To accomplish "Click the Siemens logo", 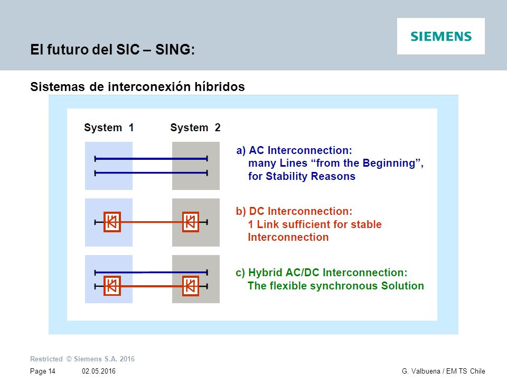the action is click(x=441, y=37).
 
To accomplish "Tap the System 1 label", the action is click(x=109, y=128).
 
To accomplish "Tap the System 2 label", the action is click(x=195, y=128).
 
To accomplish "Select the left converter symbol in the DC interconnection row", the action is click(x=112, y=222).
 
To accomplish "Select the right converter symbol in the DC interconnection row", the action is click(x=191, y=222).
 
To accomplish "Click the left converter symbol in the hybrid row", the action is click(x=112, y=286).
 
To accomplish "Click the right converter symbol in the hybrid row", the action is click(x=191, y=286).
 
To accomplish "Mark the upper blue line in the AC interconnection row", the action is click(x=151, y=159).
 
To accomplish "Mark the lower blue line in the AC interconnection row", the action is click(x=151, y=173).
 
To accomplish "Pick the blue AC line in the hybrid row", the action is click(x=151, y=273).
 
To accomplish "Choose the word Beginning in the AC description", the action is click(x=389, y=163).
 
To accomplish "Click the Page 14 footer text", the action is click(x=43, y=371).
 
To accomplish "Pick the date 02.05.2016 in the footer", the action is click(x=99, y=371).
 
